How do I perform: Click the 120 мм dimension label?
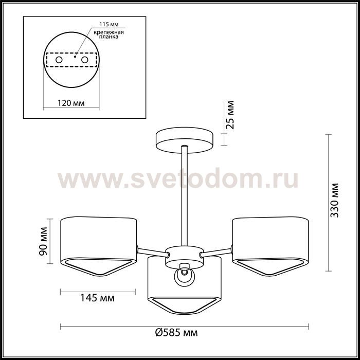tap(71, 103)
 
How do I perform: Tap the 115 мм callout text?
tap(109, 24)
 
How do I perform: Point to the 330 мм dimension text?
tap(334, 200)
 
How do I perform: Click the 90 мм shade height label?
tap(43, 241)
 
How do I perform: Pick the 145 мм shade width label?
tap(97, 298)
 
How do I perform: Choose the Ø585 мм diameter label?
tap(176, 332)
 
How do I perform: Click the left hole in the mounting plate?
tap(59, 60)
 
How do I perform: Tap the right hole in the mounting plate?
tap(85, 60)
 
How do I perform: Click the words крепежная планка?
tap(109, 34)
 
